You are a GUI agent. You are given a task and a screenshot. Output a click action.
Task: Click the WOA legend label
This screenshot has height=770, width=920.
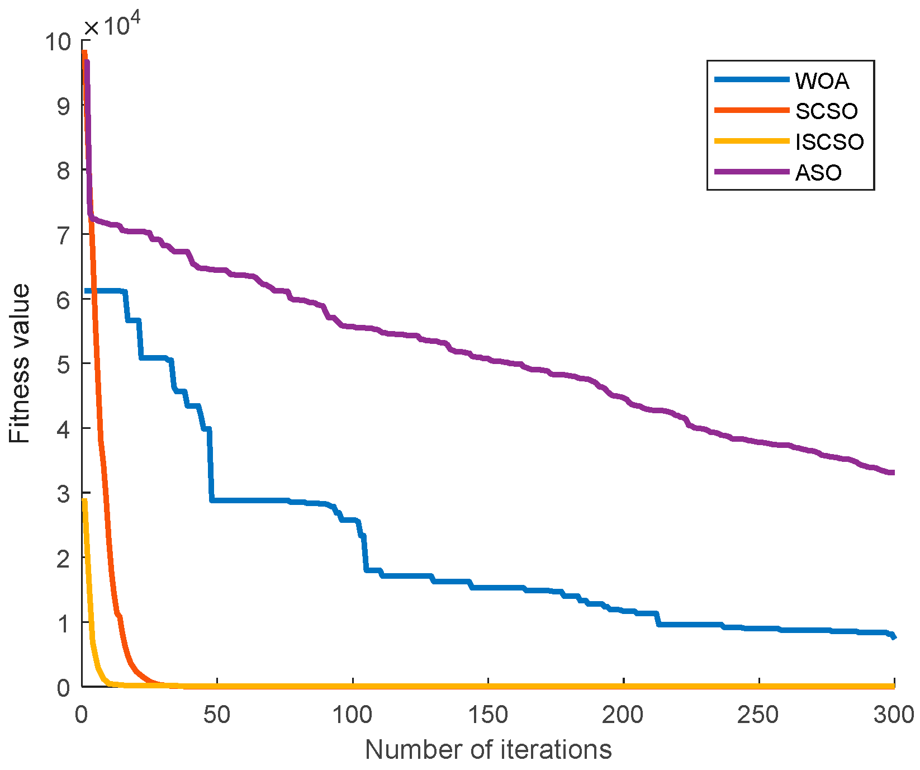pyautogui.click(x=822, y=81)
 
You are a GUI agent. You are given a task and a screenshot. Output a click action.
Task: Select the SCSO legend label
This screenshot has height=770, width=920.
pyautogui.click(x=826, y=111)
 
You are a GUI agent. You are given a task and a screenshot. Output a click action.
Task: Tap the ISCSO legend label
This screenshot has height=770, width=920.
pyautogui.click(x=829, y=141)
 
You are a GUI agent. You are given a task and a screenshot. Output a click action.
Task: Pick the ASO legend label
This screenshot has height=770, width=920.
pyautogui.click(x=818, y=172)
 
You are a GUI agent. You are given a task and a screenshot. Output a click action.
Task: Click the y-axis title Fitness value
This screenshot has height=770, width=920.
pyautogui.click(x=20, y=363)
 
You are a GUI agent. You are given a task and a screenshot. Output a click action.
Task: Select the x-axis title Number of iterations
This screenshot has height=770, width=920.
pyautogui.click(x=488, y=749)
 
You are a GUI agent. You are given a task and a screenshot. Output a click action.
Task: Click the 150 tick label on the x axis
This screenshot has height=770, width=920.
pyautogui.click(x=488, y=715)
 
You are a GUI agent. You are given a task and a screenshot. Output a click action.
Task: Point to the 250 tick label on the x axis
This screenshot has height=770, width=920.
pyautogui.click(x=758, y=715)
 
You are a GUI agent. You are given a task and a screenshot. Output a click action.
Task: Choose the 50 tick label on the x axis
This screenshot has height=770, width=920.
pyautogui.click(x=217, y=715)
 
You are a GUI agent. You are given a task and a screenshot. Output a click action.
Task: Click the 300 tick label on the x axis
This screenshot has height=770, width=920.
pyautogui.click(x=893, y=715)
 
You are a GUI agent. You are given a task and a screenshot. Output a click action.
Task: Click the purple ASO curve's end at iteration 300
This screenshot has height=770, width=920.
pyautogui.click(x=893, y=473)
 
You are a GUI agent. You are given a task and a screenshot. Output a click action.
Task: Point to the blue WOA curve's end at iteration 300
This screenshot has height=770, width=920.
pyautogui.click(x=893, y=636)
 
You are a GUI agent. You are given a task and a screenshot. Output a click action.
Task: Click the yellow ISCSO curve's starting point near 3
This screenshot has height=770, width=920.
pyautogui.click(x=84, y=500)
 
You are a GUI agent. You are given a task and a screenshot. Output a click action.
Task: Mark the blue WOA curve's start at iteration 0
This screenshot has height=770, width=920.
pyautogui.click(x=86, y=291)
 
